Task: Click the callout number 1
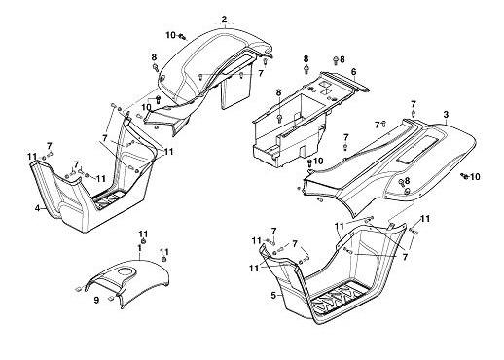tap(139, 248)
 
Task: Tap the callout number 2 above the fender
tap(225, 19)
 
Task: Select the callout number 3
tap(446, 115)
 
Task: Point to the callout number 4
tap(38, 208)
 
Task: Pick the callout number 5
tap(273, 295)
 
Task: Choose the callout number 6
tap(353, 72)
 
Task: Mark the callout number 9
tap(96, 301)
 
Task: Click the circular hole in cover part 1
tap(126, 271)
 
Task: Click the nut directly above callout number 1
tap(143, 241)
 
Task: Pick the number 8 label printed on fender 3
tap(407, 181)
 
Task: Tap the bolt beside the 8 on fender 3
tap(402, 182)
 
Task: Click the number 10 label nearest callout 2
tap(171, 35)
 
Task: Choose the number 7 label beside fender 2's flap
tap(261, 74)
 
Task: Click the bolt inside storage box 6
tap(280, 119)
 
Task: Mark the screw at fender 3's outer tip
tap(464, 176)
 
